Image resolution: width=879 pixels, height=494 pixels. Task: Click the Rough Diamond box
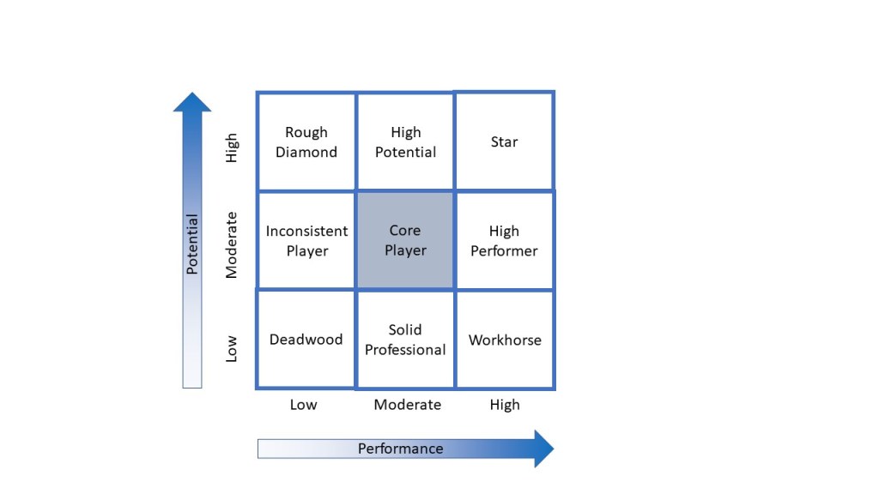click(306, 142)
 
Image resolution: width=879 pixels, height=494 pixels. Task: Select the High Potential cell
click(405, 142)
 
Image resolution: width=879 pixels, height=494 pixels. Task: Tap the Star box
click(504, 142)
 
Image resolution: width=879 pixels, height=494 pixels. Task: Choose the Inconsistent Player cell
click(306, 241)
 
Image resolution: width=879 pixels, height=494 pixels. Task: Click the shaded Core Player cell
click(405, 241)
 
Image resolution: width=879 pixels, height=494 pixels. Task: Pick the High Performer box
click(504, 241)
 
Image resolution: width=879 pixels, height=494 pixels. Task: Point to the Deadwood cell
click(306, 340)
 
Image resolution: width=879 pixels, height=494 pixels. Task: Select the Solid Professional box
click(405, 340)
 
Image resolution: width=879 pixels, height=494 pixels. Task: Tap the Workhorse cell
click(504, 340)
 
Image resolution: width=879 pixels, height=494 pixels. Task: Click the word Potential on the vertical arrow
click(192, 244)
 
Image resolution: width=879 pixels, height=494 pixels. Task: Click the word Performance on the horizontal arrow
click(400, 449)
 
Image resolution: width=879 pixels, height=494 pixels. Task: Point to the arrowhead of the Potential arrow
click(192, 102)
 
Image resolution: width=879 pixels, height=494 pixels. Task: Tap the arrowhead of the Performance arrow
click(543, 449)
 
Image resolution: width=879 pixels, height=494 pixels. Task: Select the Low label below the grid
click(303, 405)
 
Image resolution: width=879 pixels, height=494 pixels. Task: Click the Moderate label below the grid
click(407, 405)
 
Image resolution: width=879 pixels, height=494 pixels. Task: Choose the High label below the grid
click(505, 405)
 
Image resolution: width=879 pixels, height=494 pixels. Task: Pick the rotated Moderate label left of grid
click(232, 246)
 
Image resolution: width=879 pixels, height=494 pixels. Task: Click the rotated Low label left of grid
click(232, 348)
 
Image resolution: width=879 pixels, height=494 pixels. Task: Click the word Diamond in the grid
click(306, 152)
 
